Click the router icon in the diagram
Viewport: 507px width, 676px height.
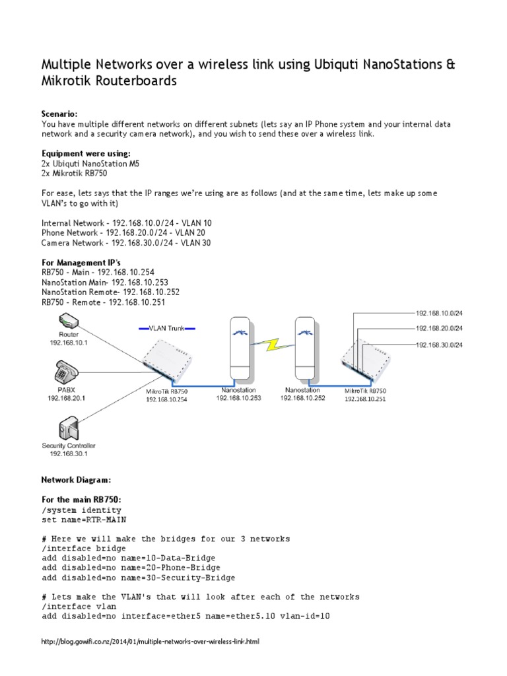69,321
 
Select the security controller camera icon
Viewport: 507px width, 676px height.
69,429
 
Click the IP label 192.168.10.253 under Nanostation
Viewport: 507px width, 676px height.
238,398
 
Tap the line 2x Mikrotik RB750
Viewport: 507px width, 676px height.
74,174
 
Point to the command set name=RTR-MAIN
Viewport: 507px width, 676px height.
82,520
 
